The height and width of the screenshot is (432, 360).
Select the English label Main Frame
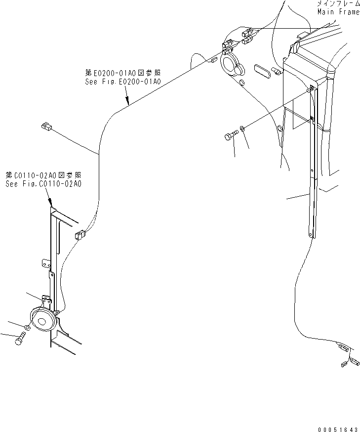[x=338, y=12]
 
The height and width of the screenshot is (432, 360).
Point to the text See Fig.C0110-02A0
[x=43, y=184]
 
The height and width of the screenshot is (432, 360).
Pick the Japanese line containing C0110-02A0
[x=43, y=175]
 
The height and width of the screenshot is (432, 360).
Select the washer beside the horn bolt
[x=27, y=327]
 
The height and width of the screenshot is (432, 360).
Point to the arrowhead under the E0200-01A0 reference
[x=128, y=104]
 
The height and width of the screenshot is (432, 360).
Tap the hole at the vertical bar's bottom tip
[x=311, y=235]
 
